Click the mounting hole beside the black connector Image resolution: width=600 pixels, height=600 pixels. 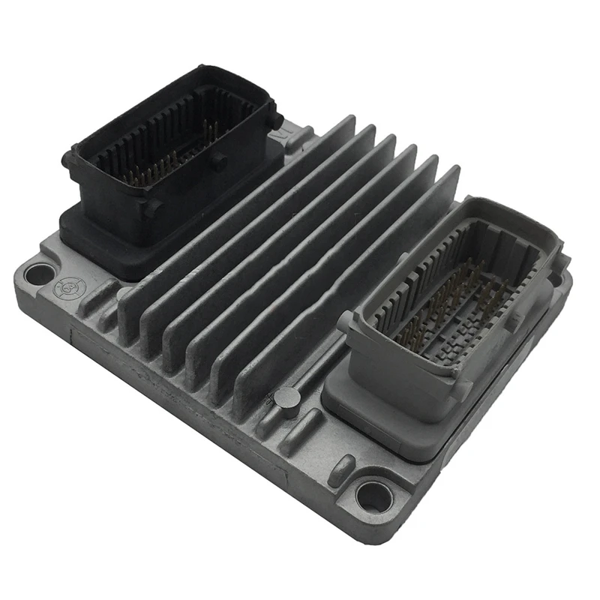(x=39, y=274)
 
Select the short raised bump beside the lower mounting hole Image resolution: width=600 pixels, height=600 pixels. (x=341, y=470)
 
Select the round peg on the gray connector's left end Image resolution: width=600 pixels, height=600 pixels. (x=345, y=321)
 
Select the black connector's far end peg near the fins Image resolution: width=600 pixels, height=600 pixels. (x=276, y=120)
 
